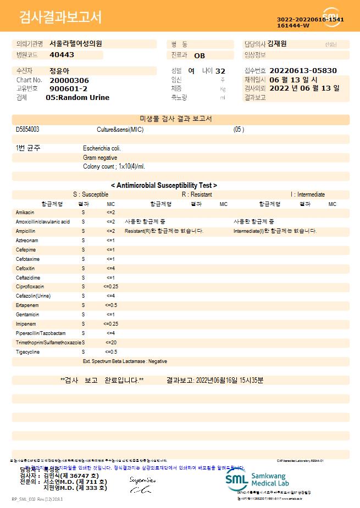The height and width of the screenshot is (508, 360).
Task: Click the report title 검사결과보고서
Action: pyautogui.click(x=60, y=18)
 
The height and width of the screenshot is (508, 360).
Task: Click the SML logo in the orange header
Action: pyautogui.click(x=331, y=16)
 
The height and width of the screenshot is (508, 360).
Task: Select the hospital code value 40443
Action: pyautogui.click(x=62, y=55)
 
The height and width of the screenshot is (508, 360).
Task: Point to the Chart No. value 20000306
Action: pyautogui.click(x=69, y=80)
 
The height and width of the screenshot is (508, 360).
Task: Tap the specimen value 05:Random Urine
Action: pyautogui.click(x=77, y=97)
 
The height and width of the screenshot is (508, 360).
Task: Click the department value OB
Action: pyautogui.click(x=200, y=55)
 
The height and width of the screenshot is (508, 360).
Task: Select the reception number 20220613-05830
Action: pyautogui.click(x=303, y=71)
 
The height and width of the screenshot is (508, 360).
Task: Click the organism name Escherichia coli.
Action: pyautogui.click(x=102, y=148)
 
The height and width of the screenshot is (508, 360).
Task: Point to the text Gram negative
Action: pyautogui.click(x=100, y=158)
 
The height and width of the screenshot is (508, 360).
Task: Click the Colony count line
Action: pyautogui.click(x=114, y=166)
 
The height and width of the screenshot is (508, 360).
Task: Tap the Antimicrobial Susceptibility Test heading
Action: pyautogui.click(x=164, y=186)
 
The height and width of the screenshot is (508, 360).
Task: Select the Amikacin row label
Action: pyautogui.click(x=25, y=212)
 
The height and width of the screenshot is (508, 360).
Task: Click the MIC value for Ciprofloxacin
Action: pyautogui.click(x=110, y=287)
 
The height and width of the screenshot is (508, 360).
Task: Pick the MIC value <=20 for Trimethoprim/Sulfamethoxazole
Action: pyautogui.click(x=110, y=342)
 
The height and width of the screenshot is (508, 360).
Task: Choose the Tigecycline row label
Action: pyautogui.click(x=27, y=351)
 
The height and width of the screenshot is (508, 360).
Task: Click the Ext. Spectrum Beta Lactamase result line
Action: pyautogui.click(x=125, y=361)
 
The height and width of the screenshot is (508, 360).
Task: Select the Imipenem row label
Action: pyautogui.click(x=25, y=324)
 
